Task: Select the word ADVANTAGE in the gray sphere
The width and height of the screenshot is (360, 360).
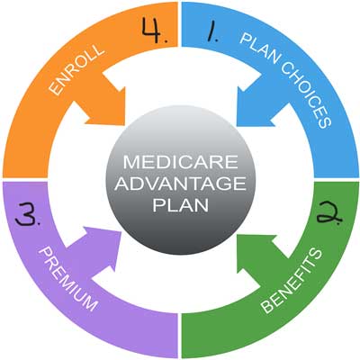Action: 180,185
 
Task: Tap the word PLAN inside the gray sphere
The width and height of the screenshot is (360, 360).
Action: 180,204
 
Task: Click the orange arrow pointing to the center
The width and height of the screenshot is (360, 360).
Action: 102,102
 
